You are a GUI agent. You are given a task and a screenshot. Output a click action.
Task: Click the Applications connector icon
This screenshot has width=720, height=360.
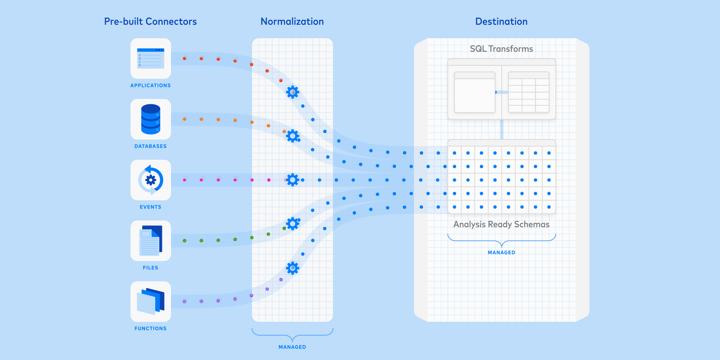pyautogui.click(x=151, y=58)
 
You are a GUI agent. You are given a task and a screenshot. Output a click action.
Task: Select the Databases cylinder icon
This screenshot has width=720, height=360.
pyautogui.click(x=151, y=119)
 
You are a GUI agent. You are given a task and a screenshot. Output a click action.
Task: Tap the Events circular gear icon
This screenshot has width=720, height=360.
pyautogui.click(x=151, y=180)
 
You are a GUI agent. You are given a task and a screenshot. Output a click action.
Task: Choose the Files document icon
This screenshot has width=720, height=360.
pyautogui.click(x=151, y=241)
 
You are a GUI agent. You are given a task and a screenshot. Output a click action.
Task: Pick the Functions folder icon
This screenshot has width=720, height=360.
pyautogui.click(x=151, y=301)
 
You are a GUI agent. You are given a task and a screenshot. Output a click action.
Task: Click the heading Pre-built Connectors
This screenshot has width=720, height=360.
pyautogui.click(x=150, y=21)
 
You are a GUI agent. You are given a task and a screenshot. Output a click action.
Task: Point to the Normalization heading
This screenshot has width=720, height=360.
pyautogui.click(x=292, y=21)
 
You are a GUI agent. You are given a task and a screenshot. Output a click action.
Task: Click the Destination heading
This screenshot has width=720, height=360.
pyautogui.click(x=501, y=21)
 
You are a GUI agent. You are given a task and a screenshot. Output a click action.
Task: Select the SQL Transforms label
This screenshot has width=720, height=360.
pyautogui.click(x=501, y=49)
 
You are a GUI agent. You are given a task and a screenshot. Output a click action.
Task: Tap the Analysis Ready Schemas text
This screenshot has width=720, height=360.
pyautogui.click(x=501, y=224)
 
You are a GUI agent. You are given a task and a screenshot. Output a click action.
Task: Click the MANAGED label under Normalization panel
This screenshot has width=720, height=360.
pyautogui.click(x=292, y=347)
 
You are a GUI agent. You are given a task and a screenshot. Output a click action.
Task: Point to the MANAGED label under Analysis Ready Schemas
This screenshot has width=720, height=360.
pyautogui.click(x=501, y=252)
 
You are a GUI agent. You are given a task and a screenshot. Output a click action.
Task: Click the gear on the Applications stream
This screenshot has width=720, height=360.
pyautogui.click(x=292, y=92)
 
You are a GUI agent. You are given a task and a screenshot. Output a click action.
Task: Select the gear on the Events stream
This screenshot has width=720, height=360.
pyautogui.click(x=292, y=180)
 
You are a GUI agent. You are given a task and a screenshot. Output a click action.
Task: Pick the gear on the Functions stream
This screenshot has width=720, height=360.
pyautogui.click(x=292, y=268)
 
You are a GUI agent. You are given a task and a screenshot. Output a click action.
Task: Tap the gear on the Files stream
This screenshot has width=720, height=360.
pyautogui.click(x=292, y=223)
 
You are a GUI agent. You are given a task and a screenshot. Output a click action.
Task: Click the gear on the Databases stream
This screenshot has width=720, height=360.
pyautogui.click(x=292, y=136)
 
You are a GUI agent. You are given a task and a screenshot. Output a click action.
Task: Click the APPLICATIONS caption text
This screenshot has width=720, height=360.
pyautogui.click(x=150, y=85)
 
